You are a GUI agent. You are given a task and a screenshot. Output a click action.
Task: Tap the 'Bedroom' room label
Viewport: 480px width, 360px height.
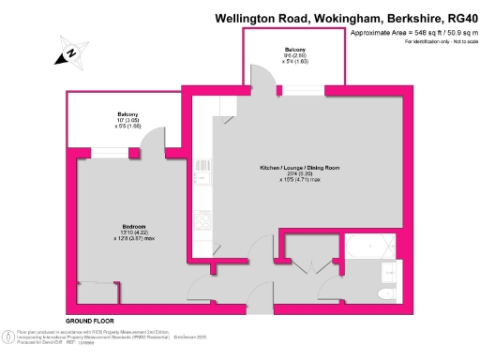(x=109, y=226)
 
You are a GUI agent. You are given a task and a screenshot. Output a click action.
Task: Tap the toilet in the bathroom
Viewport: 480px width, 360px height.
(x=385, y=293)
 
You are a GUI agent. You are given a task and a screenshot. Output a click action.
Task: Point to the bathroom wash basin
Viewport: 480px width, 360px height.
(x=391, y=271)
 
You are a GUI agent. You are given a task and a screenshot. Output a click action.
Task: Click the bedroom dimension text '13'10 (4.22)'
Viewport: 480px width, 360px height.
(x=109, y=232)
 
